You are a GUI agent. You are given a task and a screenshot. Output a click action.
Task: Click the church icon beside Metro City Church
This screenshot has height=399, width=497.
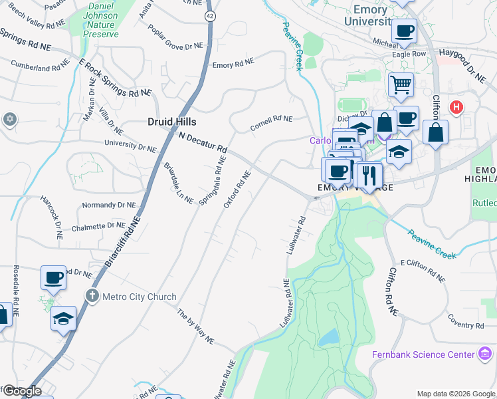[x=92, y=296]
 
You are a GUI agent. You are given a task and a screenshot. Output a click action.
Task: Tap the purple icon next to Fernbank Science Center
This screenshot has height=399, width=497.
[x=486, y=354]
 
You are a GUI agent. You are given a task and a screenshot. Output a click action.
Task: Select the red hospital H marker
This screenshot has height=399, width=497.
[x=456, y=106]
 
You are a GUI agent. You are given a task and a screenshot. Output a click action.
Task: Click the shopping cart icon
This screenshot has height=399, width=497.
[x=401, y=85]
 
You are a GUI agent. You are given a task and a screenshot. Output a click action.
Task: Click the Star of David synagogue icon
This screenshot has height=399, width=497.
[x=9, y=119]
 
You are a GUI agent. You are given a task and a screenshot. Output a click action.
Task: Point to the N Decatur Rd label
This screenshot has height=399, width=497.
[x=203, y=140]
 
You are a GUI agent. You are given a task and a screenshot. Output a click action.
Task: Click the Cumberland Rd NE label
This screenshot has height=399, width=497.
[x=40, y=68]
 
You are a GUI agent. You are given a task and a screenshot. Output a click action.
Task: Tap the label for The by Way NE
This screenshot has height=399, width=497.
[x=195, y=326]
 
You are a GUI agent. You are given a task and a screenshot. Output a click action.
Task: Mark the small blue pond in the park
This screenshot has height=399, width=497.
[x=328, y=338]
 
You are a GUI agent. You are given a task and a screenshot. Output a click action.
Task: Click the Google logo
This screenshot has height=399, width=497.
[x=21, y=391]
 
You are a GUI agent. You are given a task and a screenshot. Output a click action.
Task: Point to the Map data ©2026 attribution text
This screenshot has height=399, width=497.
[x=456, y=393]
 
